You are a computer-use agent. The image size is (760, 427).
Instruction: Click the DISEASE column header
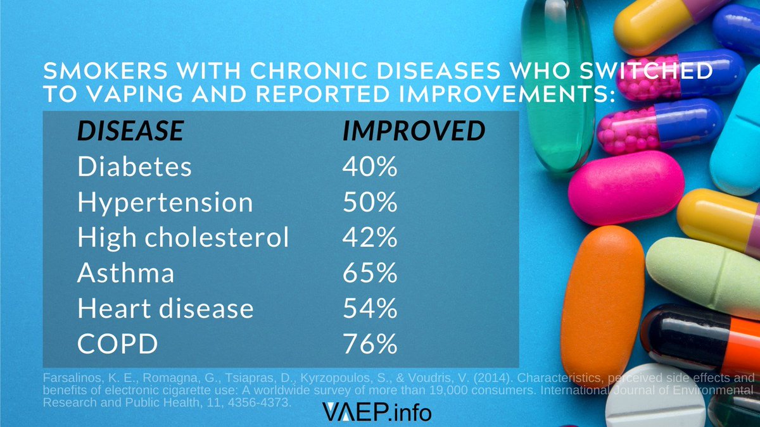click(x=130, y=131)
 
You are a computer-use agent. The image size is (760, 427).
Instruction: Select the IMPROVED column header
click(x=414, y=131)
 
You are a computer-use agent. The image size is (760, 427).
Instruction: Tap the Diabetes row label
click(x=134, y=167)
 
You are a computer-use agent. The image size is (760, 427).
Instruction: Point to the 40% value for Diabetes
click(x=370, y=167)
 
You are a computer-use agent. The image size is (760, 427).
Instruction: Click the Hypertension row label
click(x=165, y=202)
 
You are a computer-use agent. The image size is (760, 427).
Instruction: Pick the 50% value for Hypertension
click(x=370, y=202)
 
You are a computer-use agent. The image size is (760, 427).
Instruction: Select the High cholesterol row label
click(x=183, y=238)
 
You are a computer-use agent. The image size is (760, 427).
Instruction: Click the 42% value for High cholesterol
click(x=370, y=238)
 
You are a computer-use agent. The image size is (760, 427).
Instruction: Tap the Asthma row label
click(x=125, y=273)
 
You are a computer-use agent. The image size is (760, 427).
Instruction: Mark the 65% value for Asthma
click(x=370, y=273)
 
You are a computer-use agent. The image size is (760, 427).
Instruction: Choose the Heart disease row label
click(x=165, y=309)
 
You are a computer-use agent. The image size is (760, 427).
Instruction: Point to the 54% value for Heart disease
click(x=370, y=309)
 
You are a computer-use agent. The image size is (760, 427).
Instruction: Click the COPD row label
click(x=117, y=344)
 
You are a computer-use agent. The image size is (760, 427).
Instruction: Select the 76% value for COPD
click(x=370, y=344)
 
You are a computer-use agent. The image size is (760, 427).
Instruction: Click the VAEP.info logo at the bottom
click(x=377, y=412)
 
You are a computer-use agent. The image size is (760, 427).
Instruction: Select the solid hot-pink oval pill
click(x=626, y=188)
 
